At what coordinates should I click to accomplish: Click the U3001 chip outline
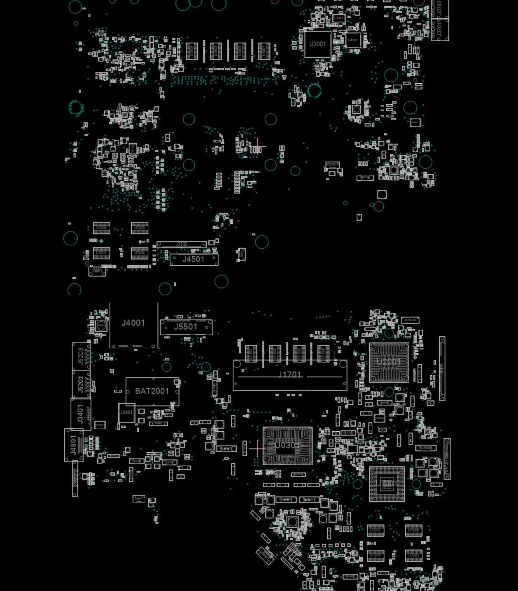point(317,44)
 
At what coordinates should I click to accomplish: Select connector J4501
point(194,259)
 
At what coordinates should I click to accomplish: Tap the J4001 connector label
point(133,323)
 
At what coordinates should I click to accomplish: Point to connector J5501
point(186,327)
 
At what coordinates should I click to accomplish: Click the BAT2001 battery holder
point(152,391)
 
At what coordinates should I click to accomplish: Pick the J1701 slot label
point(289,375)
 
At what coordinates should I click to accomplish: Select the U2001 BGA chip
point(389,362)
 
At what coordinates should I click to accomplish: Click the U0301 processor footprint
point(287,446)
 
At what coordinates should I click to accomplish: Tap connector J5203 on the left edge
point(81,356)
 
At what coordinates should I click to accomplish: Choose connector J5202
point(81,384)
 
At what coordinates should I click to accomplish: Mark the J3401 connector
point(81,414)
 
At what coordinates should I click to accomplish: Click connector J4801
point(73,445)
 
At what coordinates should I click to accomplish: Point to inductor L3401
point(126,413)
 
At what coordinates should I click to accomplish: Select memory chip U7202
point(101,228)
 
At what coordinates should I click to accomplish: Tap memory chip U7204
point(139,253)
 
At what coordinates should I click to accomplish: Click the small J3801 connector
point(97,271)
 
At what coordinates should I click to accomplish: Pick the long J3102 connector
point(181,244)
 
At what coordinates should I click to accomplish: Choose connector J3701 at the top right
point(440,31)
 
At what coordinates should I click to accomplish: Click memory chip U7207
point(375,530)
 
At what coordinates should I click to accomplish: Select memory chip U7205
point(413,556)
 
